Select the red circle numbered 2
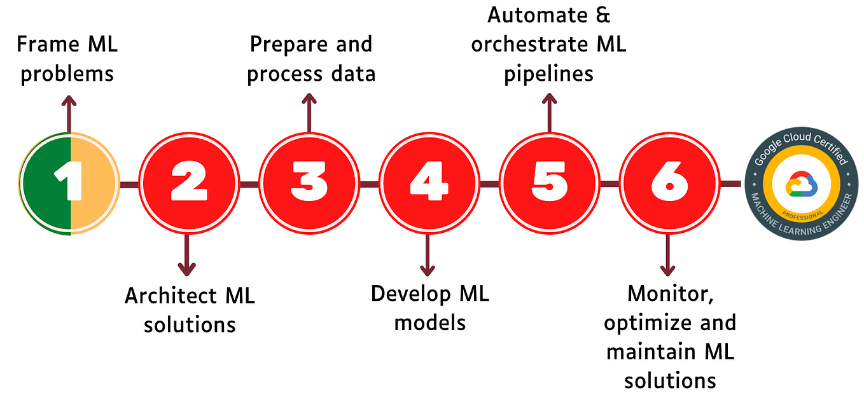point(189,183)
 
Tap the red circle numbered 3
point(309,183)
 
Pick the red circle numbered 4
point(429,183)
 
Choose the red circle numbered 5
point(549,183)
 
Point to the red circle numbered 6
point(669,183)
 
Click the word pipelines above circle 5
point(549,74)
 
